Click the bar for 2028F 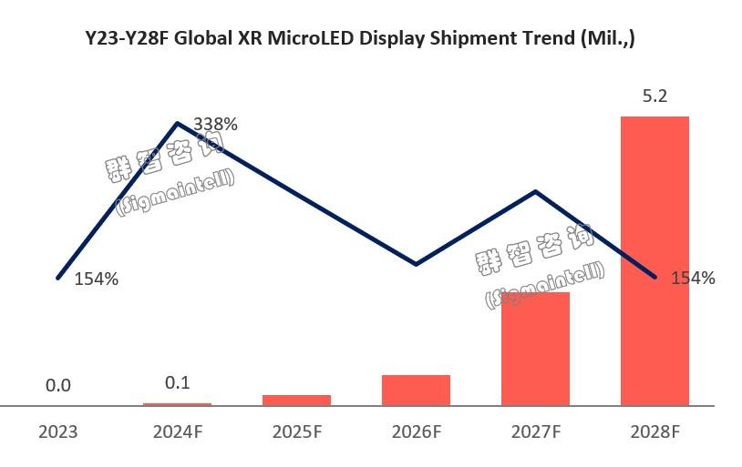pyautogui.click(x=654, y=260)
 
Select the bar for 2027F pyautogui.click(x=535, y=349)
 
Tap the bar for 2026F pyautogui.click(x=416, y=390)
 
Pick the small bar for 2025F pyautogui.click(x=296, y=400)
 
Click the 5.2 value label pyautogui.click(x=654, y=96)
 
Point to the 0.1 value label pyautogui.click(x=177, y=383)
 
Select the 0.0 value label pyautogui.click(x=57, y=385)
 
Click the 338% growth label pyautogui.click(x=215, y=125)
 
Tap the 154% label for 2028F pyautogui.click(x=692, y=279)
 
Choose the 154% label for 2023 pyautogui.click(x=97, y=279)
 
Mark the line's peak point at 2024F pyautogui.click(x=177, y=122)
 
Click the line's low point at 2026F pyautogui.click(x=416, y=264)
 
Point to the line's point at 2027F pyautogui.click(x=535, y=191)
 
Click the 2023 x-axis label pyautogui.click(x=57, y=431)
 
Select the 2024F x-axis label pyautogui.click(x=177, y=431)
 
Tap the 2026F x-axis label pyautogui.click(x=416, y=431)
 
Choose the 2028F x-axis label pyautogui.click(x=654, y=431)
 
